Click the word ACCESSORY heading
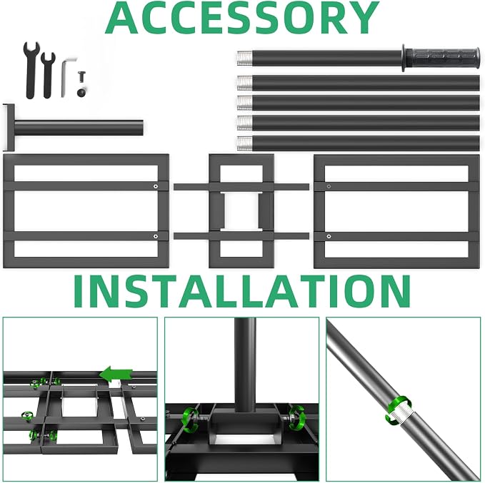pos(242,17)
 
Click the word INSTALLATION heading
pos(242,291)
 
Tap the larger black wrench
pos(31,70)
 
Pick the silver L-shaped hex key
pos(67,76)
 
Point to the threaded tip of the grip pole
pos(245,58)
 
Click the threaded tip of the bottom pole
pos(245,143)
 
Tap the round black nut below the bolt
pos(81,93)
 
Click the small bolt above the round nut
pos(82,77)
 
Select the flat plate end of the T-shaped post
pos(10,128)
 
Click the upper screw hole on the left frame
pos(156,186)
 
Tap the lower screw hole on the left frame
pos(156,236)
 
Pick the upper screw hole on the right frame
pos(329,186)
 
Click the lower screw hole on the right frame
pos(329,236)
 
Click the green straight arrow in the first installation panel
pos(116,375)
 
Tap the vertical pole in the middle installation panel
pos(245,365)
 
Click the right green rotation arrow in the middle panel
pos(296,417)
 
